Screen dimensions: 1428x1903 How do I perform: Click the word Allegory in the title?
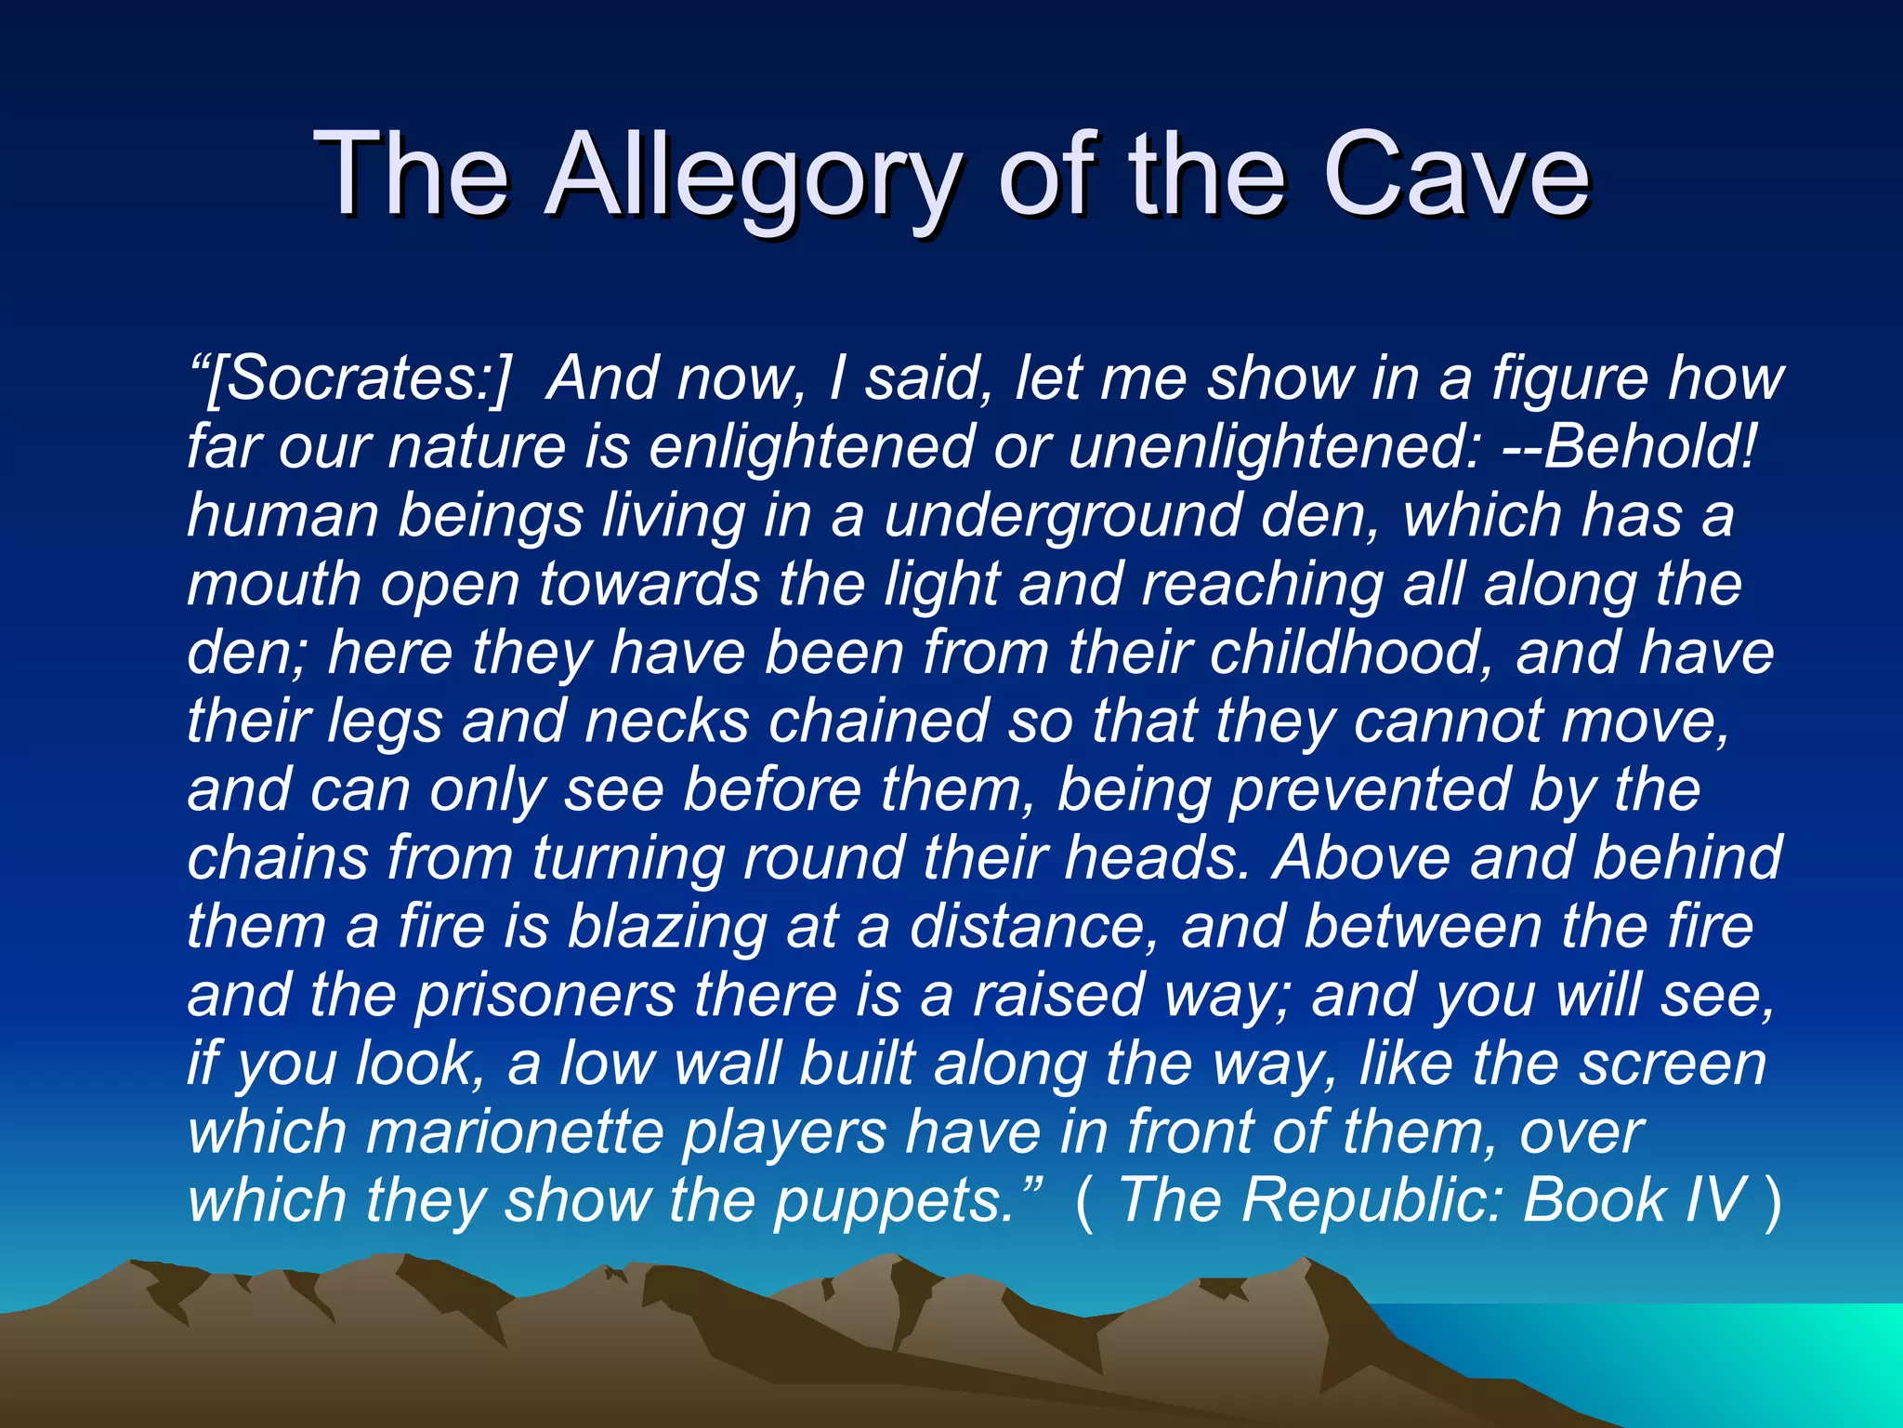[751, 177]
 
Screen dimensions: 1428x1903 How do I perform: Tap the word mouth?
[273, 584]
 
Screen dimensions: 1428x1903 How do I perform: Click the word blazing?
[666, 927]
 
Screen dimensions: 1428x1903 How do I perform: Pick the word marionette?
[515, 1132]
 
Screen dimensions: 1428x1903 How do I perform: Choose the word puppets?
[893, 1201]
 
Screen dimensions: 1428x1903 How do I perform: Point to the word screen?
[1673, 1064]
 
